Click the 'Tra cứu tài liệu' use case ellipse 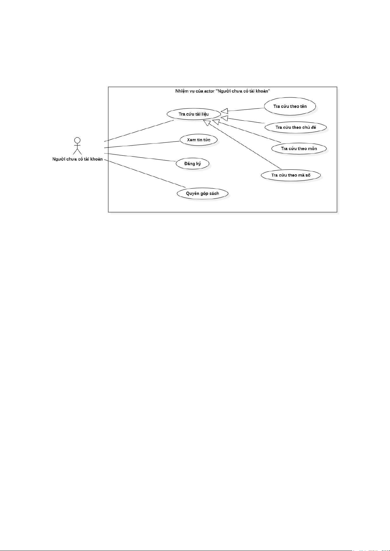tap(194, 114)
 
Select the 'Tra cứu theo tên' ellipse tap(290, 106)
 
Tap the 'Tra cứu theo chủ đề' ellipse tap(296, 128)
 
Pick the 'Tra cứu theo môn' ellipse tap(299, 148)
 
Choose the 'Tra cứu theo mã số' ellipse tap(291, 175)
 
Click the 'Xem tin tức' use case tap(199, 140)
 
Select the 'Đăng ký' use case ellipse tap(193, 164)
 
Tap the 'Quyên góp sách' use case tap(202, 193)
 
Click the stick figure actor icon tap(77, 146)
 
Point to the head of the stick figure tap(77, 140)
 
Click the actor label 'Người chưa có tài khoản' tap(77, 159)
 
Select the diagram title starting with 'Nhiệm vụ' tap(223, 91)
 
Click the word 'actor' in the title tap(209, 91)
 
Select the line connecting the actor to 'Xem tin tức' tap(142, 145)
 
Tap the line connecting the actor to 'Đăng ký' tap(141, 157)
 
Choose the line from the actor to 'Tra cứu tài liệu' tap(139, 131)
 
